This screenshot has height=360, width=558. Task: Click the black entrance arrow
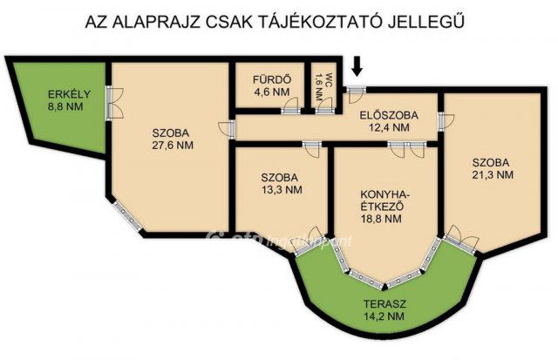coord(356,65)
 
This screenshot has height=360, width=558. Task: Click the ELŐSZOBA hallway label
coord(389,115)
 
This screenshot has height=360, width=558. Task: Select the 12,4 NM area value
coord(389,128)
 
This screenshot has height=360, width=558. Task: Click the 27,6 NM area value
coord(173,146)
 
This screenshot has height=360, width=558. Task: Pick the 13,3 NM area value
coord(282,189)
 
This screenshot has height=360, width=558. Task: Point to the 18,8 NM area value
coord(381,220)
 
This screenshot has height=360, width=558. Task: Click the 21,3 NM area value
coord(492,174)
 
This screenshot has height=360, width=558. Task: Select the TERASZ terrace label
coord(384,303)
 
